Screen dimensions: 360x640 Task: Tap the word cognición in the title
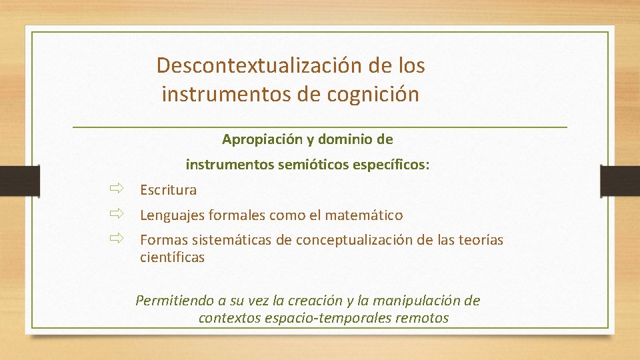pyautogui.click(x=373, y=95)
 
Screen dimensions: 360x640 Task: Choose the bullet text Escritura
pyautogui.click(x=168, y=190)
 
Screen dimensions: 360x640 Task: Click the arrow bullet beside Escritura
pyautogui.click(x=117, y=189)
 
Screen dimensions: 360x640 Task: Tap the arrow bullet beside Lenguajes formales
pyautogui.click(x=117, y=214)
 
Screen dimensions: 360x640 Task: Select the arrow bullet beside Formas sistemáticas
pyautogui.click(x=117, y=238)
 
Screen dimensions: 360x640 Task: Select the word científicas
pyautogui.click(x=172, y=257)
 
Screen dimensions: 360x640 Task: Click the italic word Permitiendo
pyautogui.click(x=173, y=301)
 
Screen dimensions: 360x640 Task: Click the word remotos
pyautogui.click(x=422, y=318)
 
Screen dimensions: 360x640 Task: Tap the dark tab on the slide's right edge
pyautogui.click(x=619, y=181)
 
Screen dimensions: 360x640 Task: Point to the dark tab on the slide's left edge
pyautogui.click(x=12, y=181)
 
